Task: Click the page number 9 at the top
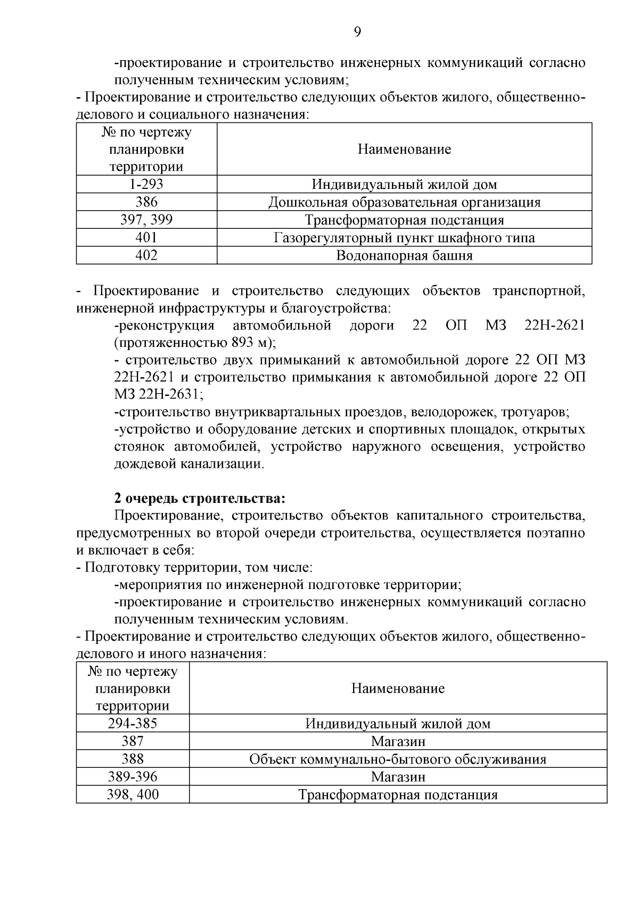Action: (x=357, y=32)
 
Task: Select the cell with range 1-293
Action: (x=146, y=184)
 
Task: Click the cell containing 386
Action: (x=146, y=202)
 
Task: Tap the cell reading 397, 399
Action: (x=146, y=220)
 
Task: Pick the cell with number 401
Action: (x=146, y=237)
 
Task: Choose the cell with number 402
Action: (x=146, y=255)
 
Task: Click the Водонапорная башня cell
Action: (x=404, y=255)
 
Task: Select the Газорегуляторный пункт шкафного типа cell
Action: (x=404, y=237)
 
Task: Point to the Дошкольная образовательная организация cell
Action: (x=404, y=202)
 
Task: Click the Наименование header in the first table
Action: (x=404, y=150)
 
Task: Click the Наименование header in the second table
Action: (x=398, y=689)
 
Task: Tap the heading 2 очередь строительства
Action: (x=200, y=499)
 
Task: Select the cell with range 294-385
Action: (x=133, y=724)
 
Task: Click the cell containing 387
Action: (x=133, y=741)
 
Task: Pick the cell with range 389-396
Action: (x=133, y=777)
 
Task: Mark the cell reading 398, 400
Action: (x=133, y=795)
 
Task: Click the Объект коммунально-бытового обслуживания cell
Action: (x=398, y=759)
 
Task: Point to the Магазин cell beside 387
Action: (x=398, y=741)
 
